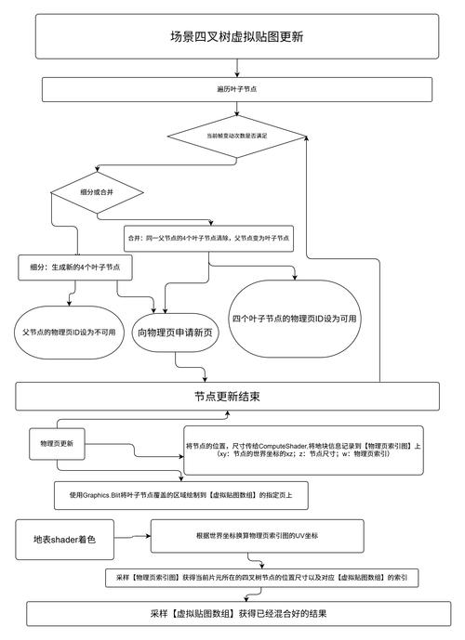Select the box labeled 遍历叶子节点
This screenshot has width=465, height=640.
(x=237, y=88)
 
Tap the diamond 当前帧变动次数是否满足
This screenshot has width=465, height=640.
(x=237, y=136)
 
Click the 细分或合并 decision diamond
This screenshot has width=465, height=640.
(x=97, y=192)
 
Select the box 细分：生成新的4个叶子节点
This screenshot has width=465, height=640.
(x=74, y=268)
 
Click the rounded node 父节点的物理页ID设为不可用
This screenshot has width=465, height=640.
(x=68, y=332)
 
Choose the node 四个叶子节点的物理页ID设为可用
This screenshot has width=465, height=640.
(x=294, y=319)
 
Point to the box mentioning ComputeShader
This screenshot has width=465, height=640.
(x=303, y=451)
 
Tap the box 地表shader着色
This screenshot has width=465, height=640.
(x=65, y=540)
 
